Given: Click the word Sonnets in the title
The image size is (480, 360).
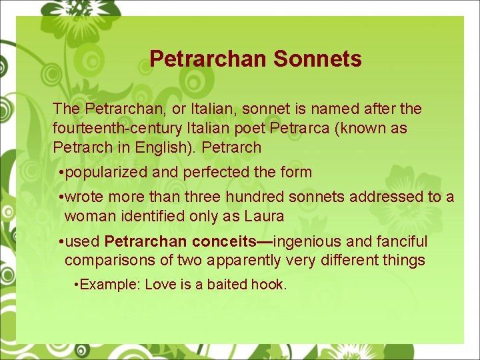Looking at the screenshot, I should pos(317,59).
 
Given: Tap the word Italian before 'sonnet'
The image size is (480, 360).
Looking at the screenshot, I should pos(206,108).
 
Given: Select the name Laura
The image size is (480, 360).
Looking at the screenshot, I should pos(264,216).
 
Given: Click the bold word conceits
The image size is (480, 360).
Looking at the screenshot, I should pos(223,241).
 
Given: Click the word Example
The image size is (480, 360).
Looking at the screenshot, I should pos(109,285).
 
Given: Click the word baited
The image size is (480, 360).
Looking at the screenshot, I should pos(227,285).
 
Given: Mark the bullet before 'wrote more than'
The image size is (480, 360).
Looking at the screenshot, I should pos(61,197).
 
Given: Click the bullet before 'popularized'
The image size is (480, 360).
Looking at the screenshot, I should pos(61,172).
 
